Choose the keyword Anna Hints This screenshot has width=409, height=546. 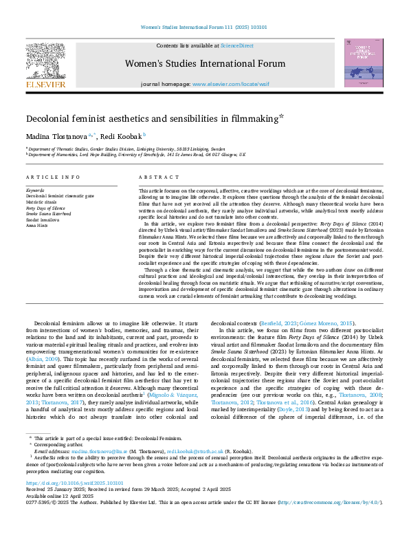(38, 223)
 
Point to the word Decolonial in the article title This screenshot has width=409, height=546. (54, 119)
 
